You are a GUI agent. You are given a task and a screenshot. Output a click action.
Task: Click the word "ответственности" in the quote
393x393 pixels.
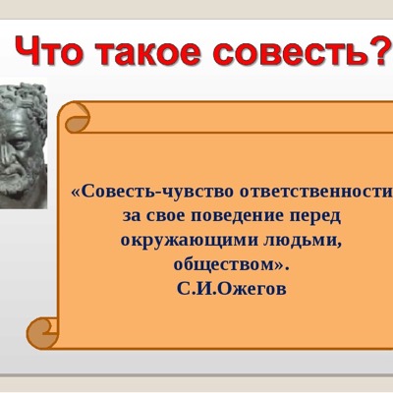[316, 192]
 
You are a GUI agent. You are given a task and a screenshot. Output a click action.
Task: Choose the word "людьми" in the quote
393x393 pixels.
[301, 242]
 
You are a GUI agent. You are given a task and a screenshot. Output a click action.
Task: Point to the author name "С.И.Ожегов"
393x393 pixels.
[232, 289]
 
